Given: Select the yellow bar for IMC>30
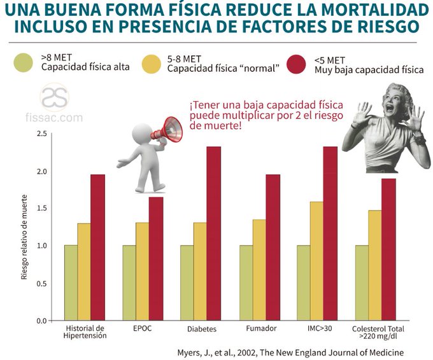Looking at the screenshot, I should (316, 261).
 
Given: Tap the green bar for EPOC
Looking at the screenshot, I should (129, 282).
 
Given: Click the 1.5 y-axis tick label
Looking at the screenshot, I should (41, 208).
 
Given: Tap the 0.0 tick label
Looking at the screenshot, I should (41, 320).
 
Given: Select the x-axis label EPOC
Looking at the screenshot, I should (142, 329).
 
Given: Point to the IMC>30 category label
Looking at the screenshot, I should (317, 328).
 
